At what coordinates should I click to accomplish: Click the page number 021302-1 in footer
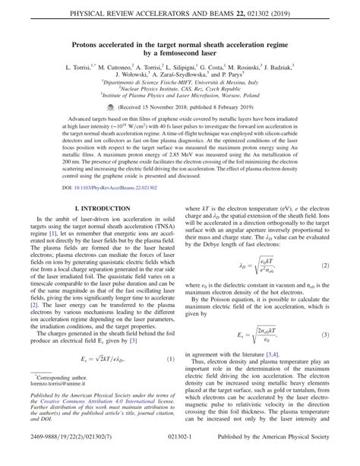pos(180,455)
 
